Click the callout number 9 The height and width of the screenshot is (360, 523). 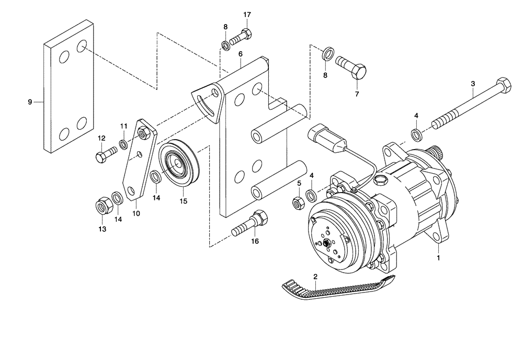coord(30,102)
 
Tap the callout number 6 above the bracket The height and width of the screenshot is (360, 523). coord(240,54)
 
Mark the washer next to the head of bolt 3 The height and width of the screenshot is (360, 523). coord(417,134)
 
